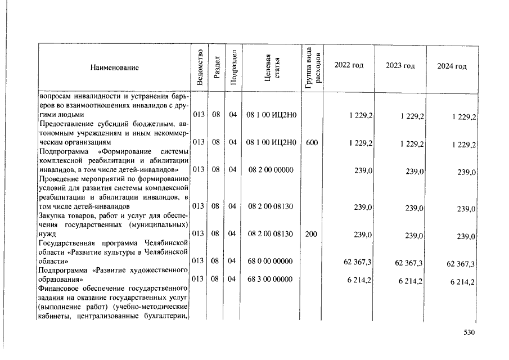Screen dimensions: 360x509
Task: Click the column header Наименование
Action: click(114, 67)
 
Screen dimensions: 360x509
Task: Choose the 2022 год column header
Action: click(349, 65)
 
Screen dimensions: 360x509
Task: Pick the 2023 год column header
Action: click(400, 66)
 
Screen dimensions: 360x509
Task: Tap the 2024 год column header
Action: click(452, 67)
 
